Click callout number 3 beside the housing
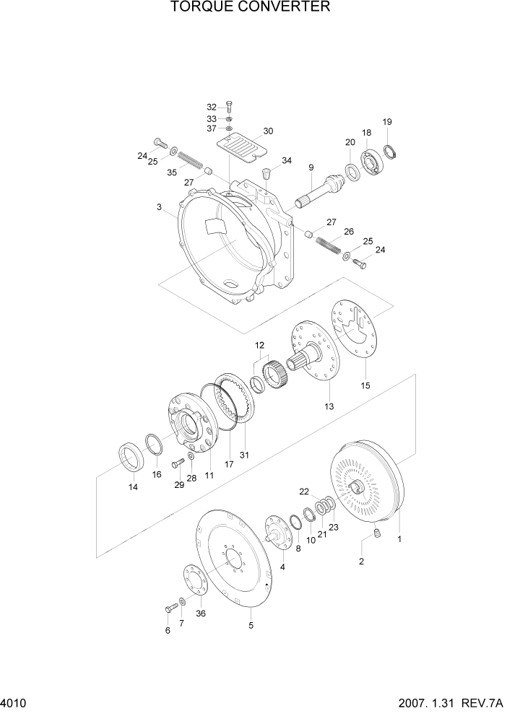(x=158, y=207)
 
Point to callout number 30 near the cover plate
(x=248, y=131)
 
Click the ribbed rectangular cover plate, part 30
(x=243, y=148)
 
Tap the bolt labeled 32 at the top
(x=229, y=107)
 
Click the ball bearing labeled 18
(x=375, y=161)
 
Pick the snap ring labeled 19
(x=392, y=151)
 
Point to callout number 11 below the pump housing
(x=210, y=476)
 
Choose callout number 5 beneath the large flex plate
(x=251, y=626)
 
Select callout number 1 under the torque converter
(x=399, y=538)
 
